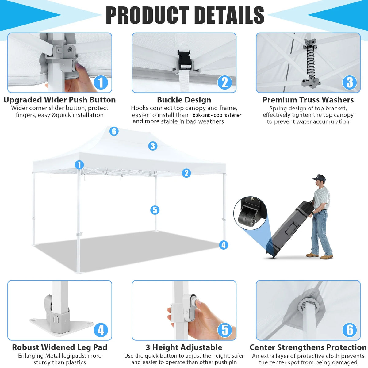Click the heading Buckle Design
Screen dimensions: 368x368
point(184,100)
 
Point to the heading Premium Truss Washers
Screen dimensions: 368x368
point(308,100)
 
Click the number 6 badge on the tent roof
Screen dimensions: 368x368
point(114,131)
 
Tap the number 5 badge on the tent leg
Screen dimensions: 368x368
point(155,210)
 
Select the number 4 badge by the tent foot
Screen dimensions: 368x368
point(224,245)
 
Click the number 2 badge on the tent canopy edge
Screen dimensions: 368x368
point(186,173)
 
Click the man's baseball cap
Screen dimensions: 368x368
point(319,178)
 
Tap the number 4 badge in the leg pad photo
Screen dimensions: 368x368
point(101,330)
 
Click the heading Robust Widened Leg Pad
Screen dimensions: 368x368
point(59,347)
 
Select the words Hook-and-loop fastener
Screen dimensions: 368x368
point(215,115)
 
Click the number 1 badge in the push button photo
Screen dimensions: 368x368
point(101,82)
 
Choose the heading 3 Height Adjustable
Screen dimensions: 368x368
point(184,347)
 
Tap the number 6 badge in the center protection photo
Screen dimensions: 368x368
point(350,330)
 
